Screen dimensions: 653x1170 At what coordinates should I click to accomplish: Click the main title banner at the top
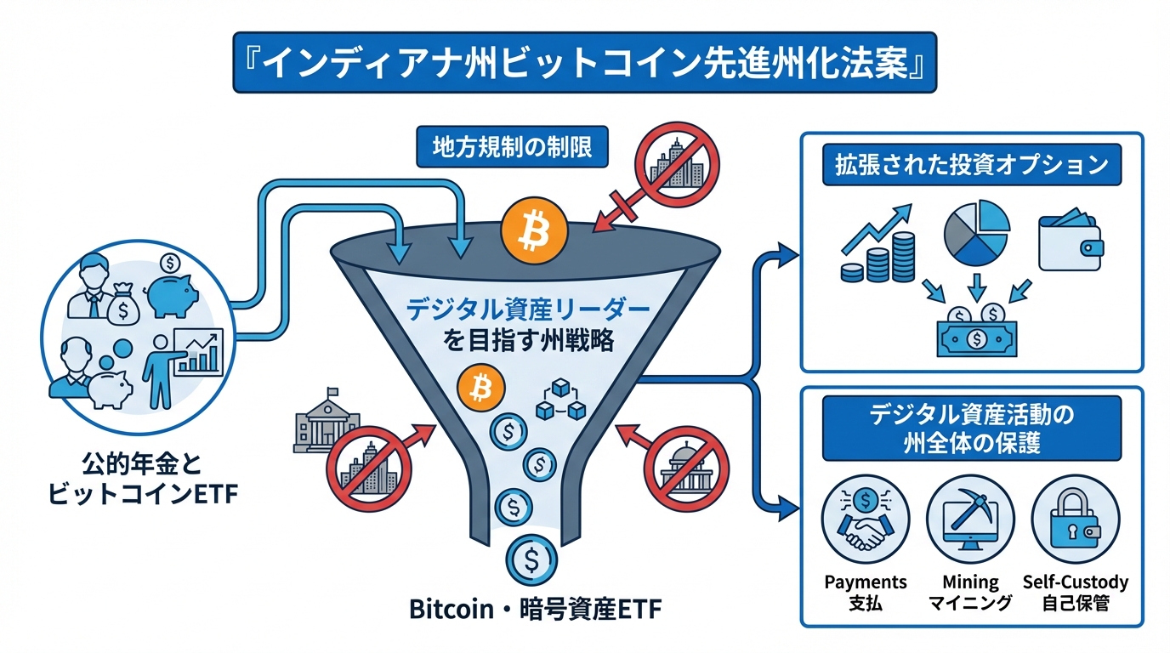coord(585,63)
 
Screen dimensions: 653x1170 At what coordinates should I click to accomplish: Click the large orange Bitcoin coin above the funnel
coord(531,228)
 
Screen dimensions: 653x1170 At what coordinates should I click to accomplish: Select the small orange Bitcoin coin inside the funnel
coord(480,389)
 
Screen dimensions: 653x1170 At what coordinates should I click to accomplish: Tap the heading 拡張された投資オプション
coord(971,163)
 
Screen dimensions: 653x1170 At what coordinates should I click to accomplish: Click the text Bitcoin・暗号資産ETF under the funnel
coord(535,609)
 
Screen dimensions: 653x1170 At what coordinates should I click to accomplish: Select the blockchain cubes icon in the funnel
coord(561,400)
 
